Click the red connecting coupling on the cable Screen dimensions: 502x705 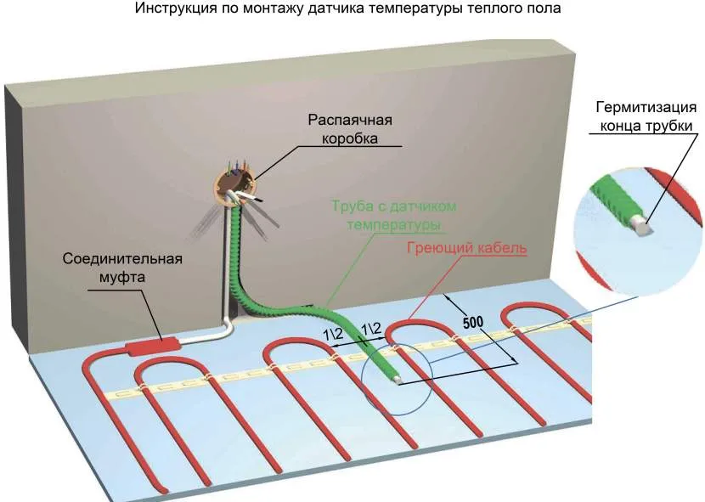(x=153, y=346)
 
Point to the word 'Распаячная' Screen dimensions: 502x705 (x=342, y=120)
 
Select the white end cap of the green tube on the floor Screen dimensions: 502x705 (x=397, y=380)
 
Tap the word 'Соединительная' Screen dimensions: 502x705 (x=122, y=258)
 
